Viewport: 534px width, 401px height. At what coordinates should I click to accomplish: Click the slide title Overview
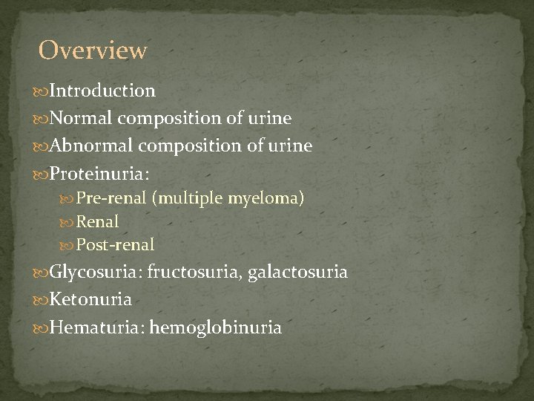tap(93, 50)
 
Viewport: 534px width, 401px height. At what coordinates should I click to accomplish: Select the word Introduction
tap(102, 91)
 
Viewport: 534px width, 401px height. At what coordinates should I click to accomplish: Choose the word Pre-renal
tap(111, 198)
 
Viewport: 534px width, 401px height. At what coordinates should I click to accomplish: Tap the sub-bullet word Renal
tap(98, 221)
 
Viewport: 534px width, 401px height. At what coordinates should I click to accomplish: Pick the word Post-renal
tap(116, 244)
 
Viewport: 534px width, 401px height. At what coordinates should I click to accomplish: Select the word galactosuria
tap(297, 273)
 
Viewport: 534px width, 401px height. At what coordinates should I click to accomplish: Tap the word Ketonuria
tap(90, 300)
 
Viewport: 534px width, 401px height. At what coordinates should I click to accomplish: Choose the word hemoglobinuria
tap(216, 327)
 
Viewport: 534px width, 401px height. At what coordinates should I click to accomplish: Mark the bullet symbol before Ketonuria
tap(41, 301)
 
